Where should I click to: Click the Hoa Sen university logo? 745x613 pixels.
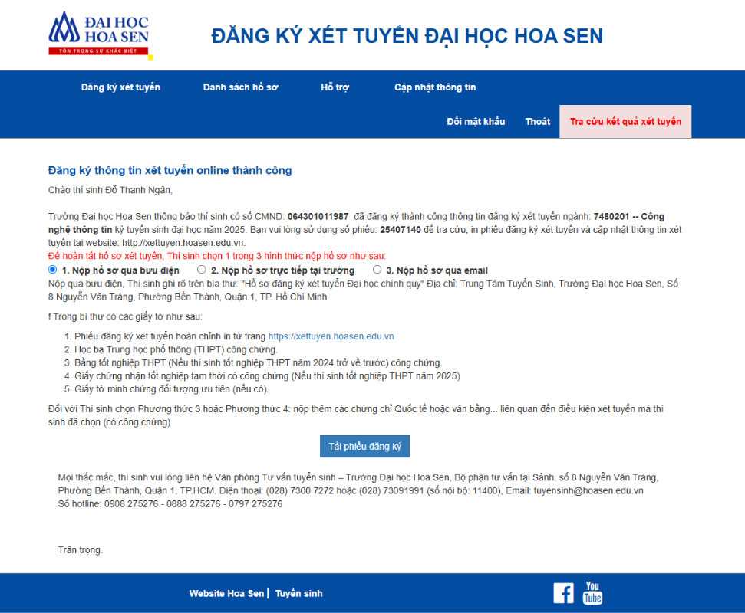pyautogui.click(x=98, y=34)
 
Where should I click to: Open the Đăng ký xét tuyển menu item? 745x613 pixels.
pyautogui.click(x=120, y=87)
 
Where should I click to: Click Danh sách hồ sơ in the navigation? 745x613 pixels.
pyautogui.click(x=240, y=87)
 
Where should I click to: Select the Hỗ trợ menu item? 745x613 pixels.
pyautogui.click(x=335, y=87)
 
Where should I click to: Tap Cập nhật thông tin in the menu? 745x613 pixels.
pyautogui.click(x=435, y=87)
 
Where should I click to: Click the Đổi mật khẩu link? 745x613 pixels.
pyautogui.click(x=476, y=122)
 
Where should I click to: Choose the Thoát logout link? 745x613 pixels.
pyautogui.click(x=538, y=122)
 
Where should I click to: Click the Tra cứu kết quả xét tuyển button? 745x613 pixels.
pyautogui.click(x=625, y=122)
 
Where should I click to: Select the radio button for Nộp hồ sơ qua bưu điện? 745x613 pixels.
pyautogui.click(x=52, y=270)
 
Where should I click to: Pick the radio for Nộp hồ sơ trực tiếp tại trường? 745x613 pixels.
pyautogui.click(x=202, y=270)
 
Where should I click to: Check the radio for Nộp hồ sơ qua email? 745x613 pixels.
pyautogui.click(x=377, y=270)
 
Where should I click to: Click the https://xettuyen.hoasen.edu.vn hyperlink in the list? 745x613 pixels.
pyautogui.click(x=331, y=336)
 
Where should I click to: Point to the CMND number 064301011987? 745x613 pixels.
pyautogui.click(x=318, y=217)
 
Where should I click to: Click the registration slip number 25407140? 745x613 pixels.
pyautogui.click(x=400, y=230)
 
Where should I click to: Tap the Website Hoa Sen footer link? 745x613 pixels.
pyautogui.click(x=226, y=594)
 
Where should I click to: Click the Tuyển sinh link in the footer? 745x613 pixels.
pyautogui.click(x=298, y=594)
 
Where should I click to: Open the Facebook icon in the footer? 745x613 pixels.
pyautogui.click(x=563, y=593)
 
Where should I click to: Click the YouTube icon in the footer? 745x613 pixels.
pyautogui.click(x=592, y=593)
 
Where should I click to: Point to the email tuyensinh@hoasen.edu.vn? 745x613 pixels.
pyautogui.click(x=588, y=490)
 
